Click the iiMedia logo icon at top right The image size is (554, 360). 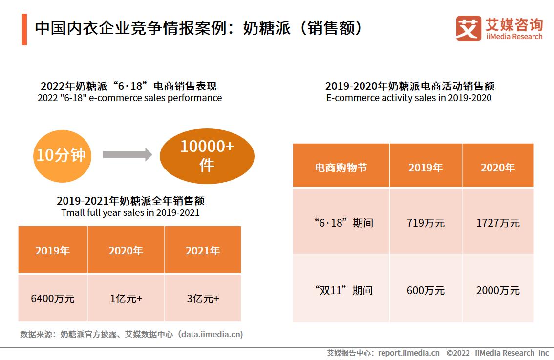coord(468,28)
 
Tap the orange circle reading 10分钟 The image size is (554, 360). coord(61,155)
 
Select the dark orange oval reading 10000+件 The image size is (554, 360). coord(207,156)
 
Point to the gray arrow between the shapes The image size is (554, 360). coord(128,155)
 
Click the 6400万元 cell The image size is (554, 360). coord(53,298)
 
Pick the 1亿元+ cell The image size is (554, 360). coord(126,298)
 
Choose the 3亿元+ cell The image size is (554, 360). coord(203,298)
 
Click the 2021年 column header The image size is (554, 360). coord(203,251)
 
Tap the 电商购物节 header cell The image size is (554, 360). coord(341,168)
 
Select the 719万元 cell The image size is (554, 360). coord(426,223)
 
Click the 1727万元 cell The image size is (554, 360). coord(498,223)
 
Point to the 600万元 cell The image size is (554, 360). coord(426,290)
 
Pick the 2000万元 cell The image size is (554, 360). coord(498,290)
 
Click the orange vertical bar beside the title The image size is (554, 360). coord(24,29)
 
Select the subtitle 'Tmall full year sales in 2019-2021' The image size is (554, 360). coord(130,212)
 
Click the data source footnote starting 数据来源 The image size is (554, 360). coord(131,335)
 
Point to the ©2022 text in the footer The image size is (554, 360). coord(458,353)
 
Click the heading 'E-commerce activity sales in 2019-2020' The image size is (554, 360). coord(409,98)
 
